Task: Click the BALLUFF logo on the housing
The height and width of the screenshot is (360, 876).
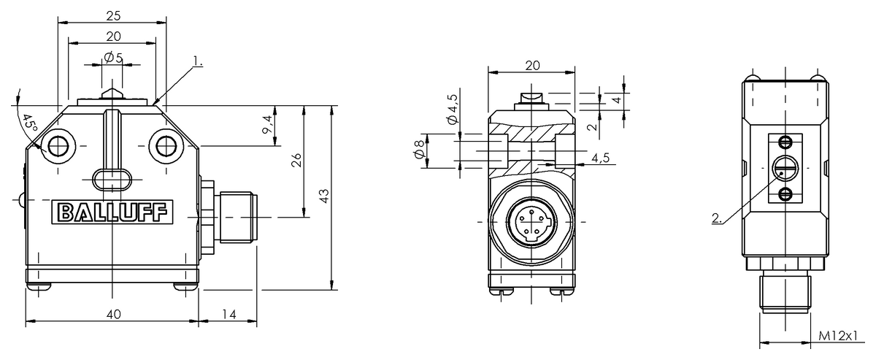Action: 112,212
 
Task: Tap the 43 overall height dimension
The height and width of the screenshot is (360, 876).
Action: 324,196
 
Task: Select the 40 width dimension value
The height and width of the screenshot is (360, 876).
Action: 113,314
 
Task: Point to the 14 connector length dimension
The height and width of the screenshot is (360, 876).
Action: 229,314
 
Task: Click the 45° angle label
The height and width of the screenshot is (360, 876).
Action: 30,123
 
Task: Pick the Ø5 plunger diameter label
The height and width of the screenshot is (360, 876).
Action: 113,58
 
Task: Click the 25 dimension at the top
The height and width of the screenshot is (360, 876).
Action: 113,15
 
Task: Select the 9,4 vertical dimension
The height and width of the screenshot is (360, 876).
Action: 267,125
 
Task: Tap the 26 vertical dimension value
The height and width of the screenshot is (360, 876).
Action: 296,160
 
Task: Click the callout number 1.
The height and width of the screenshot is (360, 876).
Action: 199,61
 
